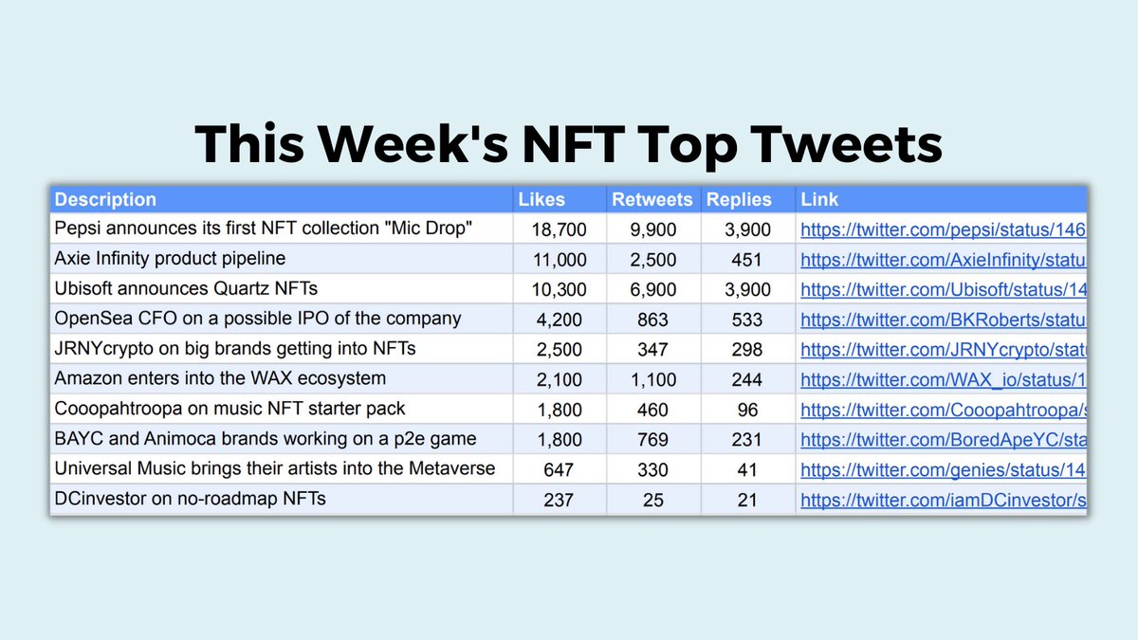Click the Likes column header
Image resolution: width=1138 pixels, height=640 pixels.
point(541,199)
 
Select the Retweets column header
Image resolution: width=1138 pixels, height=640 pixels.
point(653,199)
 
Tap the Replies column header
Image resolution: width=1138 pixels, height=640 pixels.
point(739,199)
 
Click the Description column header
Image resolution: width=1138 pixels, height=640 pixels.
point(105,199)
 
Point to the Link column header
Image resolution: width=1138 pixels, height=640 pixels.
point(819,199)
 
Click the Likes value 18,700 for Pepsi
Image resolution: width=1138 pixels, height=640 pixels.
point(560,229)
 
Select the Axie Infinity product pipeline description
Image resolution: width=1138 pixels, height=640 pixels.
point(170,259)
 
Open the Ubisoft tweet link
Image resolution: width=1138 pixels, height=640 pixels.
point(943,288)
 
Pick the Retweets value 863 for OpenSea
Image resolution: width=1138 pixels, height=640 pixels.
point(653,320)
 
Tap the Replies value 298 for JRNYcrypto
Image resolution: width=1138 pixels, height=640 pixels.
point(747,349)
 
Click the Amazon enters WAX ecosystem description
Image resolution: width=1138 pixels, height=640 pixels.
point(220,379)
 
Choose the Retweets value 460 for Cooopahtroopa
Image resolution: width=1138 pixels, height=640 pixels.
point(653,410)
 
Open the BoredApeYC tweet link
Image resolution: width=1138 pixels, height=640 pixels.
point(943,440)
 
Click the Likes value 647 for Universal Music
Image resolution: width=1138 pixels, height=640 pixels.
point(560,469)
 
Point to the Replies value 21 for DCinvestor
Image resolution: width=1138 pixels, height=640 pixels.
point(747,500)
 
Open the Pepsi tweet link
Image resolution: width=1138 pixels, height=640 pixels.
point(943,229)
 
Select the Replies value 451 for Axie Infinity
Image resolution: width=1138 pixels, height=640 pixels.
point(747,259)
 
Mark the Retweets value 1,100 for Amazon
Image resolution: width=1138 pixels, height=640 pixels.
point(653,379)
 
